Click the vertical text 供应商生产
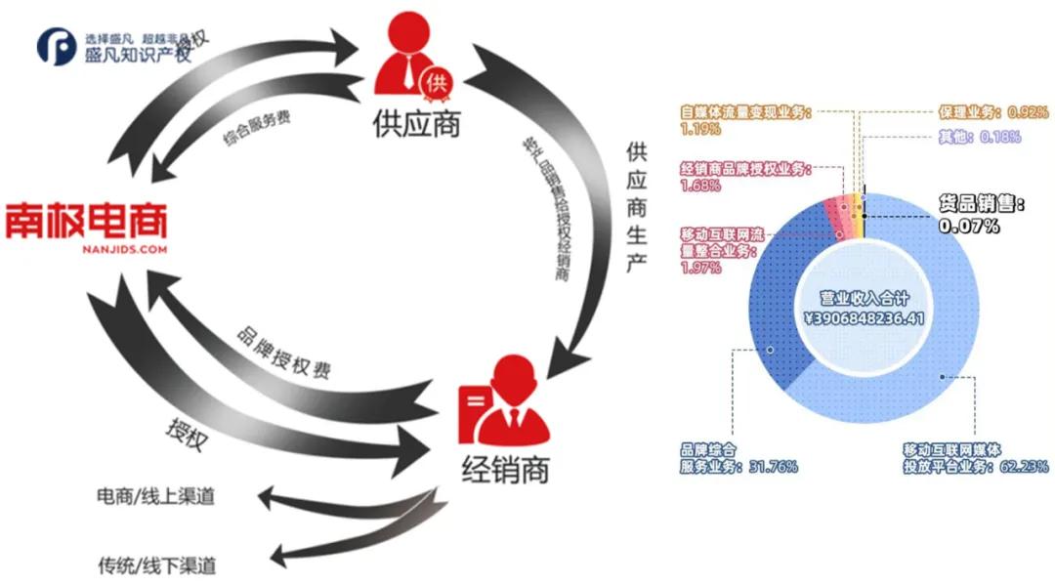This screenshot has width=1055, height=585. [x=637, y=211]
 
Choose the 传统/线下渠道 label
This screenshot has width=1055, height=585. [x=156, y=564]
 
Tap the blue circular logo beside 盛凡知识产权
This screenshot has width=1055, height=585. [x=56, y=47]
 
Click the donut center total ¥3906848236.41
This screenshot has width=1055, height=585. [x=864, y=311]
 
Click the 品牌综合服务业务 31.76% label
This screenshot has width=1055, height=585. [x=738, y=458]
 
